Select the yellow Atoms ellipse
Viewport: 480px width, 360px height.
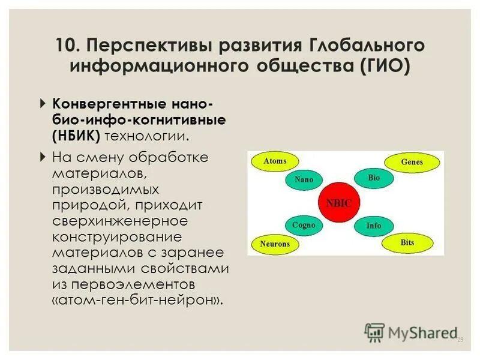(x=275, y=161)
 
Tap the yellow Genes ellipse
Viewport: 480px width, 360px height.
(x=412, y=162)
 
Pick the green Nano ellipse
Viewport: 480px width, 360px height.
(x=304, y=179)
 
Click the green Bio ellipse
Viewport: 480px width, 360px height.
(x=374, y=178)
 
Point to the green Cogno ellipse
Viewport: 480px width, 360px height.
(x=304, y=225)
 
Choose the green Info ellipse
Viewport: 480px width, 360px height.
(x=374, y=226)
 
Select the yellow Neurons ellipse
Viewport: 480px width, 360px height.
(x=275, y=244)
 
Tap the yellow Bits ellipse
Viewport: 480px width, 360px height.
(x=407, y=242)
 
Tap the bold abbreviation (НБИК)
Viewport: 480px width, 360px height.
(x=76, y=135)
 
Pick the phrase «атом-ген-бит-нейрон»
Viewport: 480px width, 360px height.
(x=138, y=298)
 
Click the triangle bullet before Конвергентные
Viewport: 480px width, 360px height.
(x=42, y=103)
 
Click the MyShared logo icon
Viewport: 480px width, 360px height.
(x=374, y=332)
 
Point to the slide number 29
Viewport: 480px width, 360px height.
(x=461, y=340)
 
